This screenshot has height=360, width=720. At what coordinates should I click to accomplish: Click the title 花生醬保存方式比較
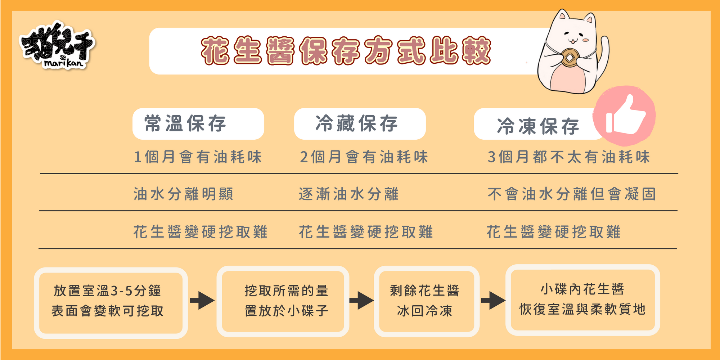[x=346, y=51]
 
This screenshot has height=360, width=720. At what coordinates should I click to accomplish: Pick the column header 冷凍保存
[x=538, y=126]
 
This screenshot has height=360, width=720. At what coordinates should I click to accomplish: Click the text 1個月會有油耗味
[x=198, y=157]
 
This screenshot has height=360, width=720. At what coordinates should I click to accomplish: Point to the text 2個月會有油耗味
[x=364, y=157]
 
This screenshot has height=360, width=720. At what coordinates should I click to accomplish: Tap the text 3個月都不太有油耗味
[x=569, y=157]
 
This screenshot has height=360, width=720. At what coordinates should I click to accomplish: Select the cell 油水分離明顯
[x=184, y=194]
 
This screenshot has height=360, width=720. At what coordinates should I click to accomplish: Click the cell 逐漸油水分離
[x=349, y=194]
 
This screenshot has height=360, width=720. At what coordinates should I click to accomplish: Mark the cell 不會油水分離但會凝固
[x=572, y=194]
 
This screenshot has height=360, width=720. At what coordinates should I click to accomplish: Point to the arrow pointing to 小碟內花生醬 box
[x=493, y=301]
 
